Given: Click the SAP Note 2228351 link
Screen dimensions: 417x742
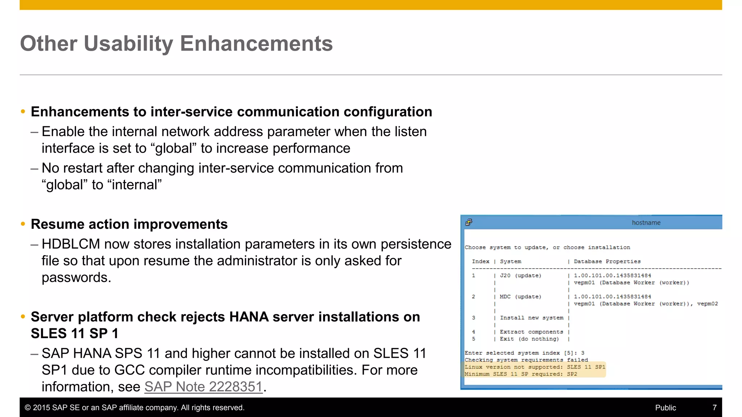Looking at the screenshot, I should tap(203, 387).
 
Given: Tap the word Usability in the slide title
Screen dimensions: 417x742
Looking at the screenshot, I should tap(129, 44).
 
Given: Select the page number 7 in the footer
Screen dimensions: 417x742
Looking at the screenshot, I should tap(714, 408).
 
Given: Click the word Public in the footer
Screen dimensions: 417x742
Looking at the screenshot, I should tap(665, 408).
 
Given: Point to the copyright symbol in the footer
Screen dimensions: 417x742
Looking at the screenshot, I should tap(28, 408).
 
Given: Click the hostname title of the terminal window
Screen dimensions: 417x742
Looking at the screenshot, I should tap(646, 223).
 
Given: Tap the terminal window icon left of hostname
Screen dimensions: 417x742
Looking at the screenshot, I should tap(469, 222).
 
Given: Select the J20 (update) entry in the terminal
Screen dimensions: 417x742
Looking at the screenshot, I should tap(520, 275).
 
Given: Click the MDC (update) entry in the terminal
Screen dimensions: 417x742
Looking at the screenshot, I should tap(520, 297).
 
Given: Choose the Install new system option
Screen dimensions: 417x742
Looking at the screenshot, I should tap(532, 318).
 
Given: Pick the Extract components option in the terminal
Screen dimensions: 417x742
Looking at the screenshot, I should tap(532, 332).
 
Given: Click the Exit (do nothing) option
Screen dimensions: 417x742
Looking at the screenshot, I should tap(529, 339).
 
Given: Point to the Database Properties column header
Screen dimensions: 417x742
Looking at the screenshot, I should tap(607, 261).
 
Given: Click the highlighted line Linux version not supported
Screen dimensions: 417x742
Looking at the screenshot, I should tap(535, 367).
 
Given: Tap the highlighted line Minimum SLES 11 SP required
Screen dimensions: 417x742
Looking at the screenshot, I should tap(521, 374).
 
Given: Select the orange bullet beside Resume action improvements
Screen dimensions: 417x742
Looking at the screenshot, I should tap(23, 224).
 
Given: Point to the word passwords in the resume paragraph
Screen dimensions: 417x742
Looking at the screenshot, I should tap(76, 278).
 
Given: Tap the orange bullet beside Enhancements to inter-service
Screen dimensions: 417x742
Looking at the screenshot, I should tap(23, 111).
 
